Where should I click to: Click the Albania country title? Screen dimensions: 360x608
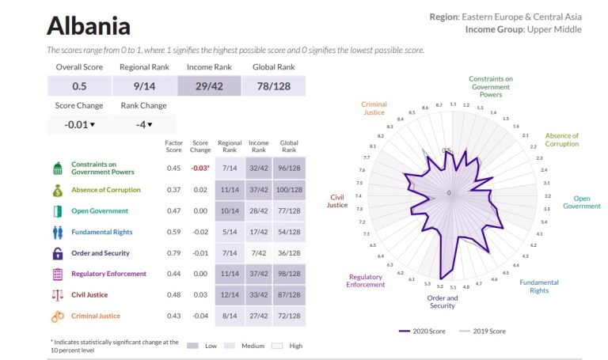click(x=88, y=25)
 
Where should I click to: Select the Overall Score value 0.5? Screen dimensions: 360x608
click(x=79, y=86)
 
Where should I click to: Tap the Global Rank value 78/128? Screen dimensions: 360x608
click(x=274, y=86)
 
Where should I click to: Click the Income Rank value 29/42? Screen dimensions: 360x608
click(x=210, y=86)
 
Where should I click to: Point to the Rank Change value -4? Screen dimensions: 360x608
click(x=144, y=124)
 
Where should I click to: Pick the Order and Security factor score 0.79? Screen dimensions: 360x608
click(x=173, y=253)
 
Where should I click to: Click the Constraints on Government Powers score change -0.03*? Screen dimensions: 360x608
click(x=200, y=168)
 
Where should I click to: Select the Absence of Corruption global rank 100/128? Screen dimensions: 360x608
click(x=290, y=190)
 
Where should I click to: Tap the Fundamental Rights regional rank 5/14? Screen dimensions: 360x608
click(x=230, y=232)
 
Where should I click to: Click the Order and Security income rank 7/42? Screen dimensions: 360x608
click(x=259, y=253)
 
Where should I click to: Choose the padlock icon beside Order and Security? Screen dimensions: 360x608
click(x=57, y=253)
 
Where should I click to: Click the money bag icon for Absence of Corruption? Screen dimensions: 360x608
click(x=57, y=190)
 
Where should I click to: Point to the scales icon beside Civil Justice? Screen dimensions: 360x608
click(x=57, y=295)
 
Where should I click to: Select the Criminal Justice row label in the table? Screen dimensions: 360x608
click(x=95, y=316)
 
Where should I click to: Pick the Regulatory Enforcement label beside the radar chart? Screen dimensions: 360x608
click(x=364, y=281)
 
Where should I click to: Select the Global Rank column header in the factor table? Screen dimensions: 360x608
click(x=290, y=146)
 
